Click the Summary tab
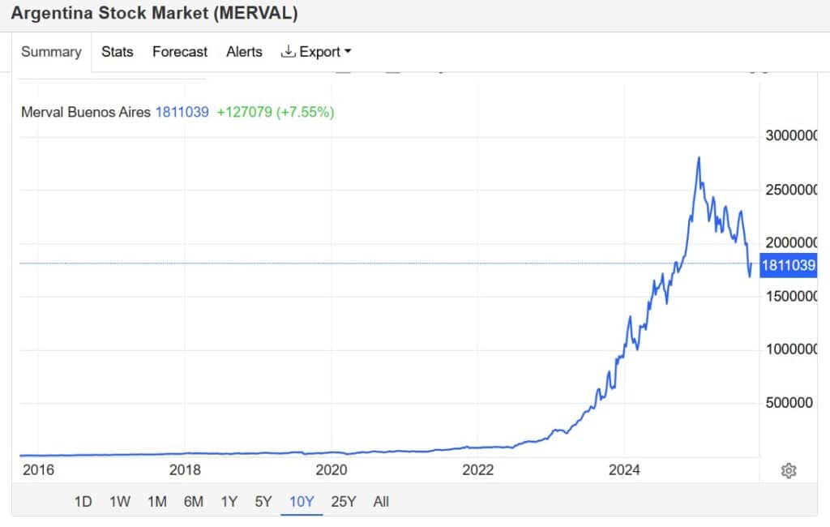51,52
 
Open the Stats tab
118,52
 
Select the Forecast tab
180,52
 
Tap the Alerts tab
244,52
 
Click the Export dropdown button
316,52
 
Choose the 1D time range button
83,502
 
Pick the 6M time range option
193,502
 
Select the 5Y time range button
263,502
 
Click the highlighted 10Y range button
302,502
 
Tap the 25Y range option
344,502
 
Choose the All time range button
381,502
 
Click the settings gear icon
788,471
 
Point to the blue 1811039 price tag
788,264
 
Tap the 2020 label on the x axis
331,469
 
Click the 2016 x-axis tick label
38,469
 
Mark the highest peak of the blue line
699,157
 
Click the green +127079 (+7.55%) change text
276,112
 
